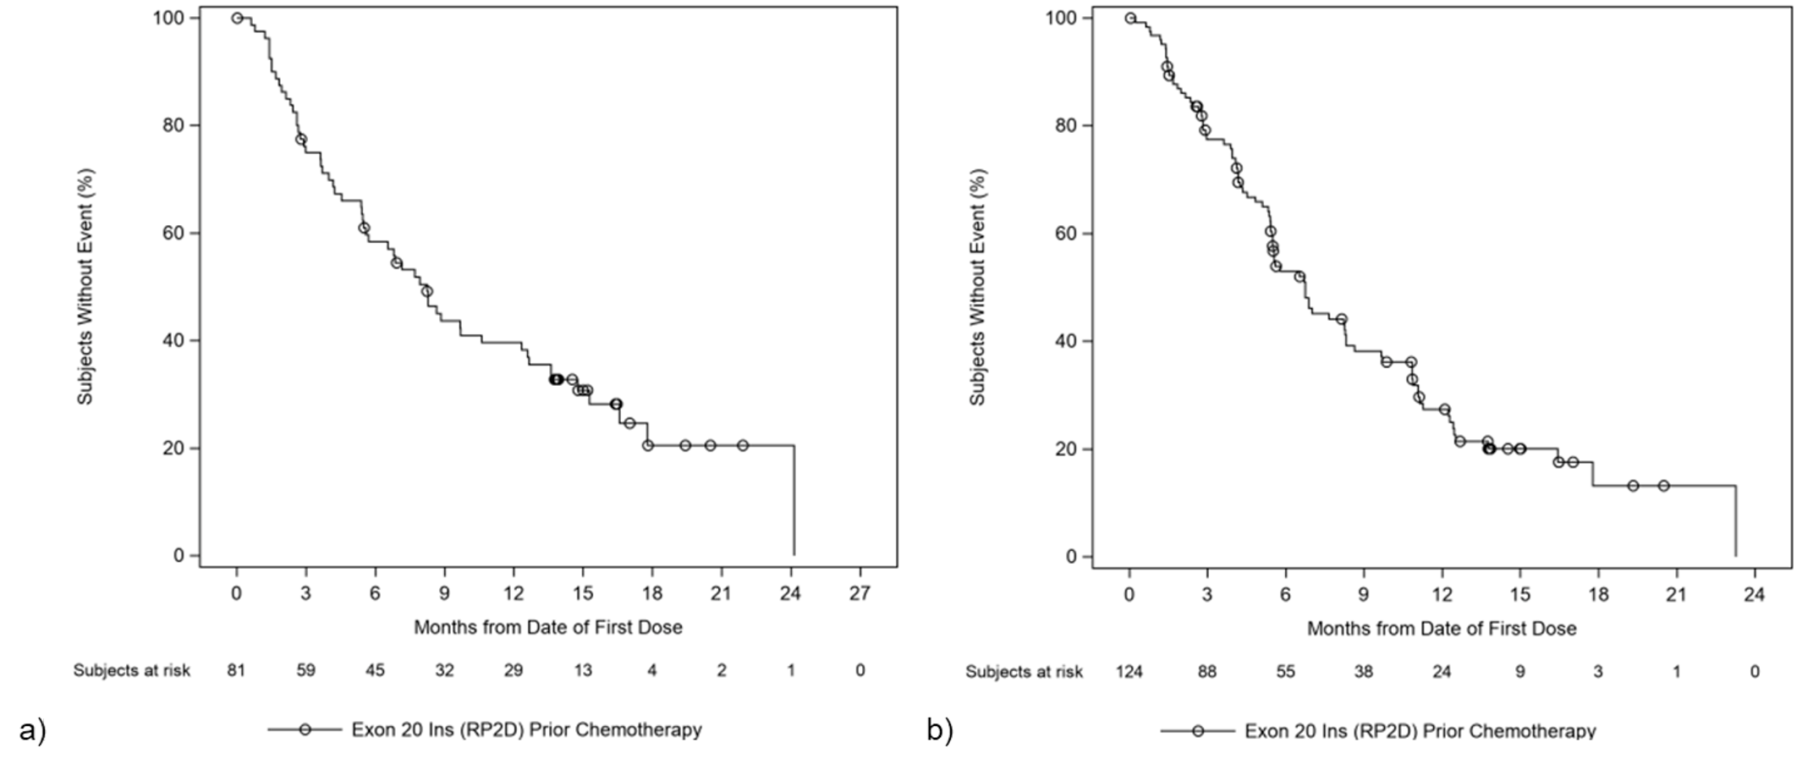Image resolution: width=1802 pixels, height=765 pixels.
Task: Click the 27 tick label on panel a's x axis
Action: [x=860, y=594]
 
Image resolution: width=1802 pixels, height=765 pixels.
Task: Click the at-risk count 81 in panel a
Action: [x=236, y=670]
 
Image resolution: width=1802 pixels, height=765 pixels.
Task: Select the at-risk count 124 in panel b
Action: [x=1129, y=672]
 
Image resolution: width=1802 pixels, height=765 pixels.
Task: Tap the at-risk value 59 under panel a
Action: [x=305, y=670]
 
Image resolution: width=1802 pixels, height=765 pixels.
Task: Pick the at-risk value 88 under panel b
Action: [x=1207, y=672]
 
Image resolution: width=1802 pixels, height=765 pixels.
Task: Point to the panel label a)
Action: [x=32, y=729]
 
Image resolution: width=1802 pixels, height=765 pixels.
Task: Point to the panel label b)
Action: [x=940, y=729]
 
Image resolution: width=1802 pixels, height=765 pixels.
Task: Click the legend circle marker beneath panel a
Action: [x=305, y=729]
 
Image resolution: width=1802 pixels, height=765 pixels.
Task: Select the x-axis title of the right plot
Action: [x=1442, y=629]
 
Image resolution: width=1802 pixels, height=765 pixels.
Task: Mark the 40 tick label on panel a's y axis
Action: [x=173, y=340]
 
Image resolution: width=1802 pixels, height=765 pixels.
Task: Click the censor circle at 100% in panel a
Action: [x=237, y=18]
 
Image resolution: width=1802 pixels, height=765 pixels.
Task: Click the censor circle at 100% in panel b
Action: [x=1130, y=18]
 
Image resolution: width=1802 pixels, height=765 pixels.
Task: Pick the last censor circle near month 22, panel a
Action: [x=742, y=445]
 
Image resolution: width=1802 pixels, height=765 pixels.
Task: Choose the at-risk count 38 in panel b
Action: [x=1363, y=672]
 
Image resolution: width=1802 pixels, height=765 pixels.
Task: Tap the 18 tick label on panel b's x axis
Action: [x=1598, y=595]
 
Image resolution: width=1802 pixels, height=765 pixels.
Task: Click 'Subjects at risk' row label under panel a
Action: [x=131, y=670]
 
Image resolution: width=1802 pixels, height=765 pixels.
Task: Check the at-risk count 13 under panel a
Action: [x=583, y=670]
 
